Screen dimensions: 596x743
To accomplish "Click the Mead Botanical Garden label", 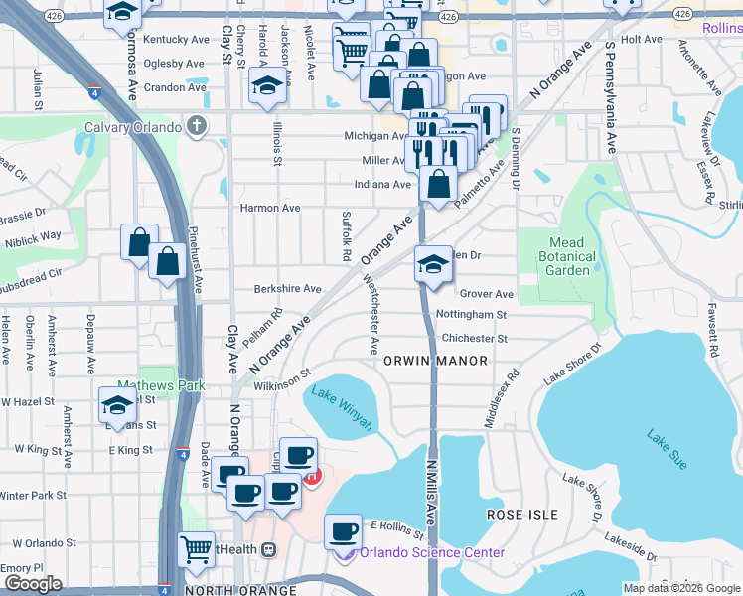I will click(x=571, y=256).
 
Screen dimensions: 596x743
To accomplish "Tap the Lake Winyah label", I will click(x=343, y=407).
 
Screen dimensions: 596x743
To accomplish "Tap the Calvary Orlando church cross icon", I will click(x=198, y=126).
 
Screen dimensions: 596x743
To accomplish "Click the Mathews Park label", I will click(x=147, y=384).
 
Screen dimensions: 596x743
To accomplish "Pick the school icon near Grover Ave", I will click(x=433, y=265).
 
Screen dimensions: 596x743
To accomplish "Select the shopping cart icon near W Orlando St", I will click(x=196, y=548).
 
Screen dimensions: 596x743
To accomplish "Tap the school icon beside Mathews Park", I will click(x=117, y=405).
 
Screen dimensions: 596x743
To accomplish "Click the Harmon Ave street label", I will click(x=270, y=209).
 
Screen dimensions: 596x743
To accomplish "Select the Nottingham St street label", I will click(x=471, y=315).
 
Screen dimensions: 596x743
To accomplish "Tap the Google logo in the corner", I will click(x=34, y=585).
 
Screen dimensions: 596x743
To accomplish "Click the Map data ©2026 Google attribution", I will click(x=680, y=588).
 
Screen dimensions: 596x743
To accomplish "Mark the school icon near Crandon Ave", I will click(x=267, y=87).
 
